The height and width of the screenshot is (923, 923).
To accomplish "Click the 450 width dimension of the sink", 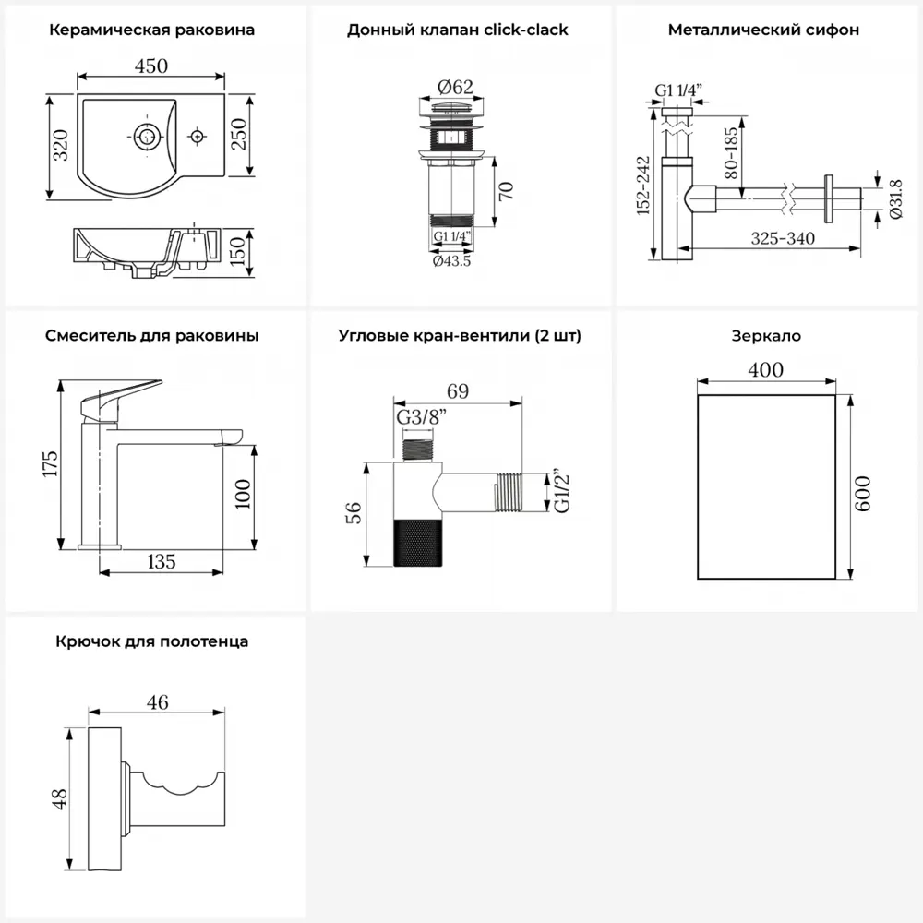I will click(x=151, y=66).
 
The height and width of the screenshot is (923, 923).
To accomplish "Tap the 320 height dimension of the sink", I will click(x=60, y=146).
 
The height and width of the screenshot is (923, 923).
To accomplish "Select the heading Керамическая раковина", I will click(x=151, y=30).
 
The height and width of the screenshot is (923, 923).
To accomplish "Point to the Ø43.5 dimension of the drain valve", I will click(x=452, y=261).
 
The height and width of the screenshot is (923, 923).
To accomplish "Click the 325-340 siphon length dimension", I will click(x=782, y=238).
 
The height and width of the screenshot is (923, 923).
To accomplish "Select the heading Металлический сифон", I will click(x=763, y=30).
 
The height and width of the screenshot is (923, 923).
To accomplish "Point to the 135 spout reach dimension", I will click(x=160, y=560).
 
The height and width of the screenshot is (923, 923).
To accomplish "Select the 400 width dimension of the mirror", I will click(x=765, y=370).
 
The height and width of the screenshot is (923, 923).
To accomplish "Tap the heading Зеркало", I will click(x=765, y=336).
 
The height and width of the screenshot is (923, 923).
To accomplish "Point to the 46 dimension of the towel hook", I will click(x=157, y=702).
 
